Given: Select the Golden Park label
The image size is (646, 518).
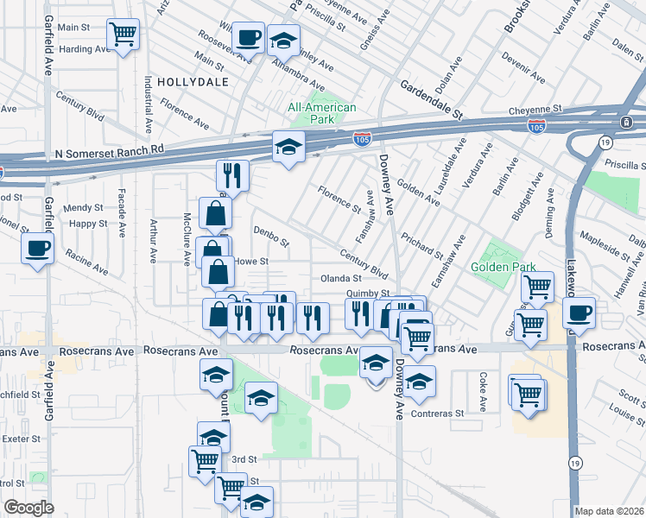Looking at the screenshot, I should click(x=503, y=268).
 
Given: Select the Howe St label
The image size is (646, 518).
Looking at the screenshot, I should click(x=252, y=261).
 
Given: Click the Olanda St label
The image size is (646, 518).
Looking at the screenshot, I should click(x=340, y=279).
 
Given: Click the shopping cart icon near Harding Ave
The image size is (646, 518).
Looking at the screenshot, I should click(x=123, y=35).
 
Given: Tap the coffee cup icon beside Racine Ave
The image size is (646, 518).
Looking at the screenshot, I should click(x=38, y=250).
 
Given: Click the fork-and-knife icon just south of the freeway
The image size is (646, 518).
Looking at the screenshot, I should click(x=231, y=175).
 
